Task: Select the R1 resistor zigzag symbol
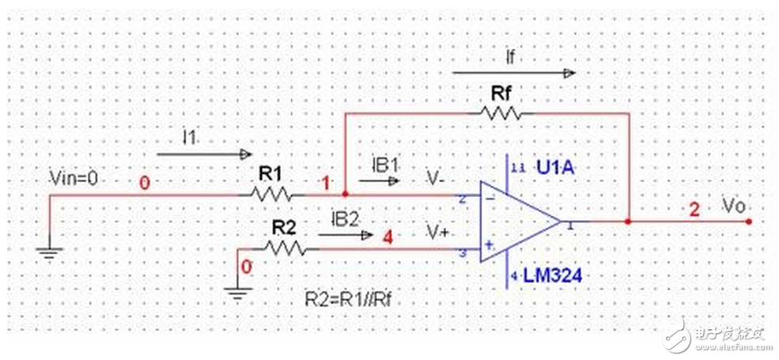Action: (271, 193)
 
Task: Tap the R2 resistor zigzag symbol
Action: (285, 248)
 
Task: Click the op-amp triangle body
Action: (519, 222)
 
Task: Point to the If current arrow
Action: (514, 73)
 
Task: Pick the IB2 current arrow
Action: (346, 234)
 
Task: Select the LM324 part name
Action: (554, 276)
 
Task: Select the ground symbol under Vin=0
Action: (48, 251)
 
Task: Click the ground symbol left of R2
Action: (236, 292)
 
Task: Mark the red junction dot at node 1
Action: (345, 193)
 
